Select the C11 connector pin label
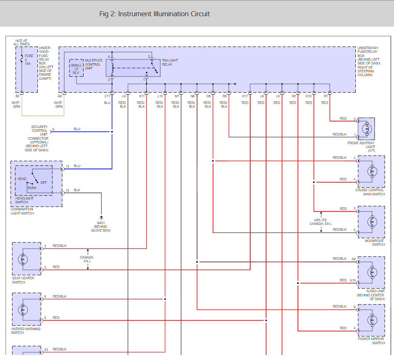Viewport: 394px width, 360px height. (107, 96)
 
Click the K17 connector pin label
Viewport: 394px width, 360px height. (245, 96)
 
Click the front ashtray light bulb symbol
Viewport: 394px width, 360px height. (367, 129)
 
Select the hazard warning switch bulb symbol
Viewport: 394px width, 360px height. (23, 309)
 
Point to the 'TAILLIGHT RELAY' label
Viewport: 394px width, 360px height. (170, 62)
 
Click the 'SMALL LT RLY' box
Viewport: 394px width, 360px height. (76, 69)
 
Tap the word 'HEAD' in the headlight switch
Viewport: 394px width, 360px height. (22, 179)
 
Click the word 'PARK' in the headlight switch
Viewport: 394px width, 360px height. (32, 188)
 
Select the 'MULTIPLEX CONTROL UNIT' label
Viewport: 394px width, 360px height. (93, 64)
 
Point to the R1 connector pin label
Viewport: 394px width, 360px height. (326, 96)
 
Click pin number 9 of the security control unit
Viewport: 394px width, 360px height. (53, 129)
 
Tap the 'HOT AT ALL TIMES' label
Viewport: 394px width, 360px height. (22, 42)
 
